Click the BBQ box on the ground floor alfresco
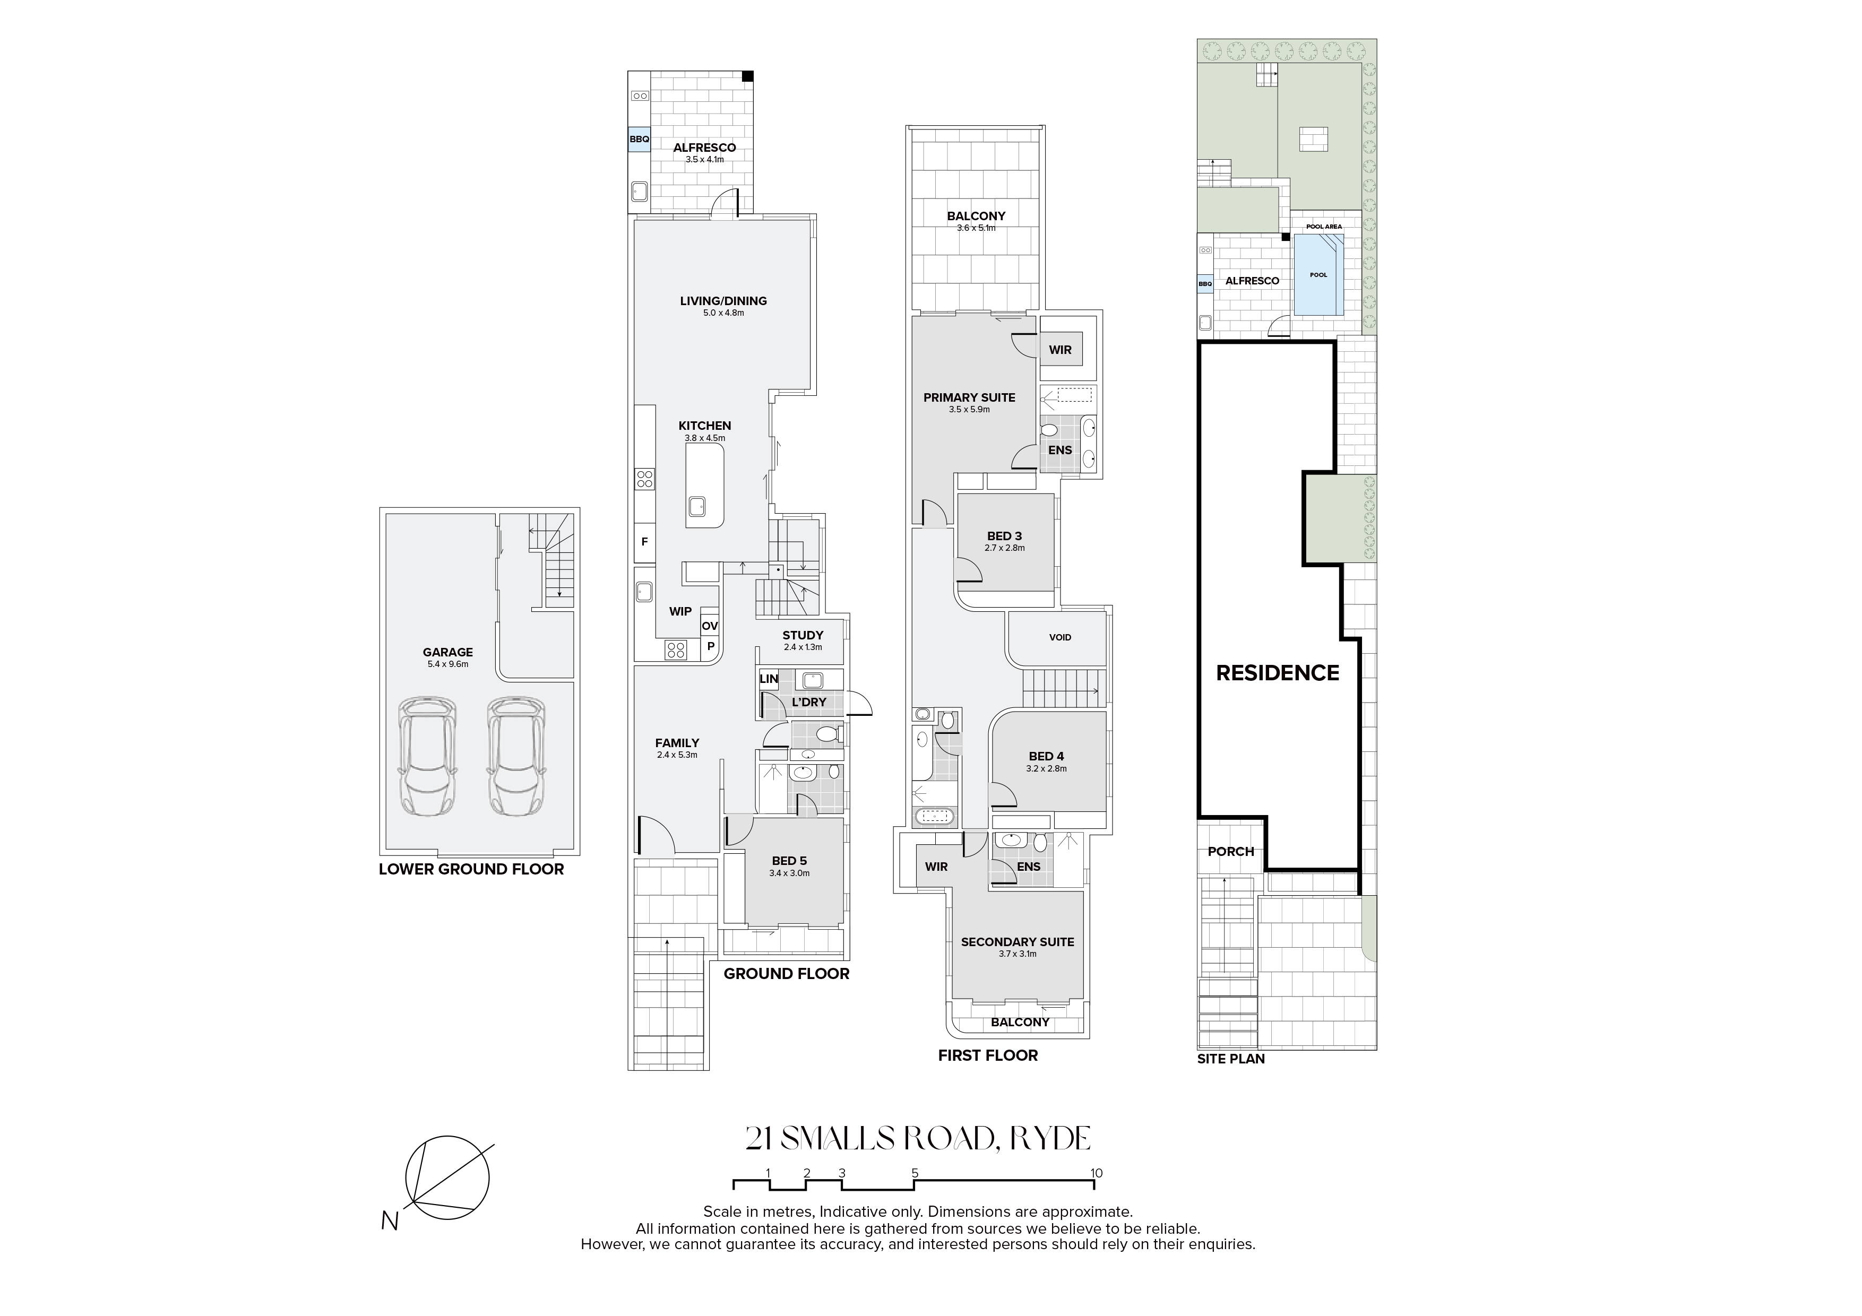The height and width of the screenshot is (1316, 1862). coord(639,140)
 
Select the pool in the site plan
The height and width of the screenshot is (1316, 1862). coord(1318,275)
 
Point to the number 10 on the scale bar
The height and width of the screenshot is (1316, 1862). coord(1097,1173)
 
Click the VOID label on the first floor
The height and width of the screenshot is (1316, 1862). coord(1060,637)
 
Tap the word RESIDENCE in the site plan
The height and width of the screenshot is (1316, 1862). coord(1277,673)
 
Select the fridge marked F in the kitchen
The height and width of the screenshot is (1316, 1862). coord(645,542)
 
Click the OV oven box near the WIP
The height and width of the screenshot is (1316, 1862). coord(710,626)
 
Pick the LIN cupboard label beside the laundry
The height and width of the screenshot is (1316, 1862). coord(769,679)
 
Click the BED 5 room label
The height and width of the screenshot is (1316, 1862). coord(789,861)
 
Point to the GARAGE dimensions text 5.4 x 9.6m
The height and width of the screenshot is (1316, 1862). coord(447,664)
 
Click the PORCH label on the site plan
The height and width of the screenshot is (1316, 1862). coord(1230,851)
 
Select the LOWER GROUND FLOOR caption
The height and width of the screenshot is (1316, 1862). coord(471,869)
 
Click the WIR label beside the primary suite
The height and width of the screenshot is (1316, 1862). coord(1060,350)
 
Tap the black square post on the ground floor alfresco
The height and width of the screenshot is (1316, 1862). coord(748,76)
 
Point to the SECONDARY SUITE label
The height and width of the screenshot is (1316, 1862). coord(1017,942)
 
